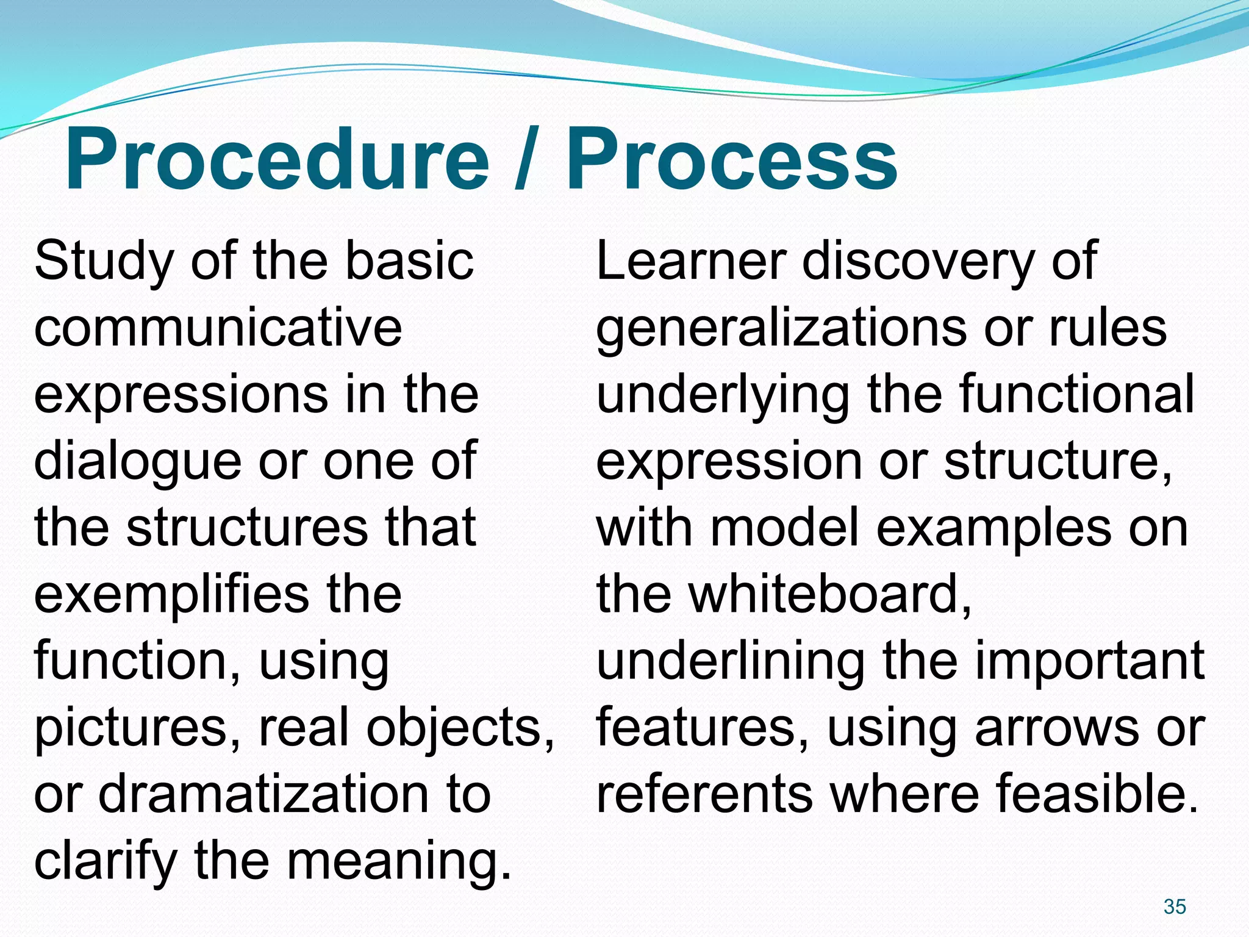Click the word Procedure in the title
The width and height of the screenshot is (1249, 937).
tap(277, 160)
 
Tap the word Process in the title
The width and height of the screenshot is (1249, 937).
tap(731, 160)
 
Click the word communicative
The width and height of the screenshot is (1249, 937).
tap(218, 328)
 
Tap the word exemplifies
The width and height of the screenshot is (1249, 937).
tap(171, 595)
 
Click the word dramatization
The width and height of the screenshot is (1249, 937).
tap(262, 794)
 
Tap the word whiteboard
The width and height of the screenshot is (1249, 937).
tap(829, 595)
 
